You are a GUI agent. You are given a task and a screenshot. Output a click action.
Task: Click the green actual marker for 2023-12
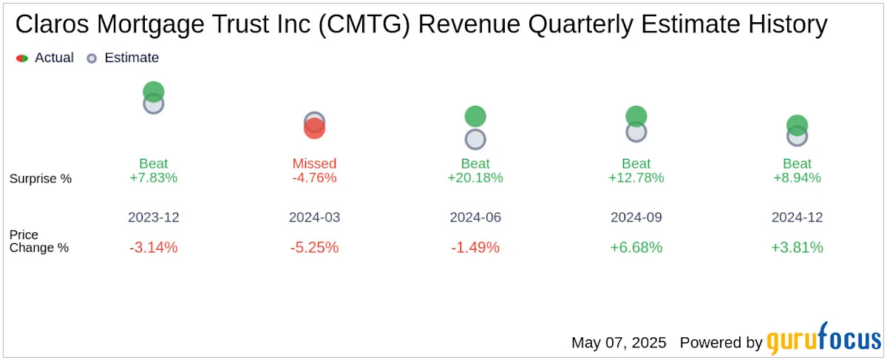pyautogui.click(x=153, y=92)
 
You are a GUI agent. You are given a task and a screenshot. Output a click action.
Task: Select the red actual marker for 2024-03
pyautogui.click(x=314, y=129)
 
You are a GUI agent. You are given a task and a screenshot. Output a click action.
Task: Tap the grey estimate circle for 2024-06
pyautogui.click(x=475, y=139)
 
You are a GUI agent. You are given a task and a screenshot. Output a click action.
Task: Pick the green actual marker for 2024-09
pyautogui.click(x=636, y=115)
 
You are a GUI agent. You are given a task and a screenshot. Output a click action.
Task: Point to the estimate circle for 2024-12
pyautogui.click(x=797, y=136)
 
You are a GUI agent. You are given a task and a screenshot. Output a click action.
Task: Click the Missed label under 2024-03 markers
pyautogui.click(x=314, y=163)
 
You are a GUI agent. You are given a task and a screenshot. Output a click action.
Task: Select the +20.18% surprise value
pyautogui.click(x=475, y=178)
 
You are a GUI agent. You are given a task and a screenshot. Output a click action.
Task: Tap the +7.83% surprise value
pyautogui.click(x=153, y=178)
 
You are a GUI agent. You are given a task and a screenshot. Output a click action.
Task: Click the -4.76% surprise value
pyautogui.click(x=314, y=178)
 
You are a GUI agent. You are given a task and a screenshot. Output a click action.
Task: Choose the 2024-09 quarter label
pyautogui.click(x=636, y=218)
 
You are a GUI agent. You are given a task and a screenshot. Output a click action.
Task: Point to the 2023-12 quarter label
pyautogui.click(x=153, y=218)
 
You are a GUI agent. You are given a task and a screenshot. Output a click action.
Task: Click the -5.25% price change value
pyautogui.click(x=314, y=248)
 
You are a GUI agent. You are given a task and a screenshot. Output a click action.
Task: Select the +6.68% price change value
pyautogui.click(x=636, y=248)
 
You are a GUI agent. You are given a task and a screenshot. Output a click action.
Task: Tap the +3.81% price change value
pyautogui.click(x=797, y=248)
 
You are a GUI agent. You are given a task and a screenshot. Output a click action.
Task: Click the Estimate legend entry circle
pyautogui.click(x=92, y=58)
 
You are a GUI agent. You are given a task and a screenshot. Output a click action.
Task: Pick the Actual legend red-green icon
pyautogui.click(x=22, y=58)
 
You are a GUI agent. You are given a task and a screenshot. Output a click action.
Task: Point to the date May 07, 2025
pyautogui.click(x=619, y=343)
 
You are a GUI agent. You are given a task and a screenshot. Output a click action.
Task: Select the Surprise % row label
pyautogui.click(x=41, y=178)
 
